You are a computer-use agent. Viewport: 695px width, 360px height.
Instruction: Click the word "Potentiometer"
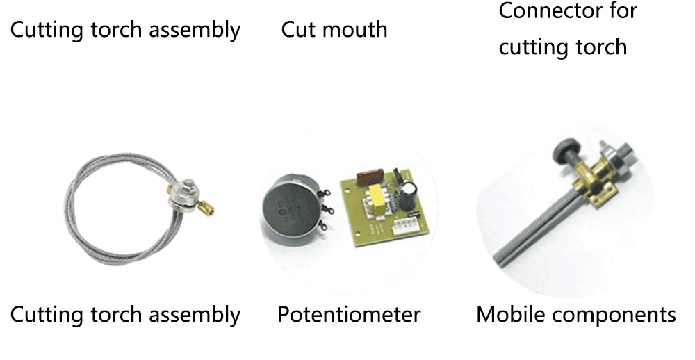click(x=349, y=315)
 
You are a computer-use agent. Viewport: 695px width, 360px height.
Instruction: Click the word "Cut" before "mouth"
click(x=296, y=30)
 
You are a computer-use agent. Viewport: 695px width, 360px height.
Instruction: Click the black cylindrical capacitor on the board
click(x=409, y=195)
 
